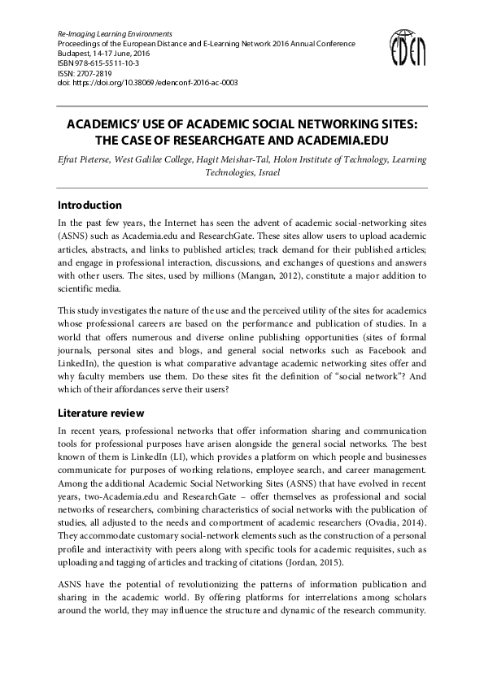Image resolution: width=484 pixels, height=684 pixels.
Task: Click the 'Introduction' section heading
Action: (x=89, y=206)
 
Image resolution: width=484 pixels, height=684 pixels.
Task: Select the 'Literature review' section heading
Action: (x=101, y=413)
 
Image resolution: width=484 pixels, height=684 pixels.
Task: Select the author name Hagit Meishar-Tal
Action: (x=239, y=160)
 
